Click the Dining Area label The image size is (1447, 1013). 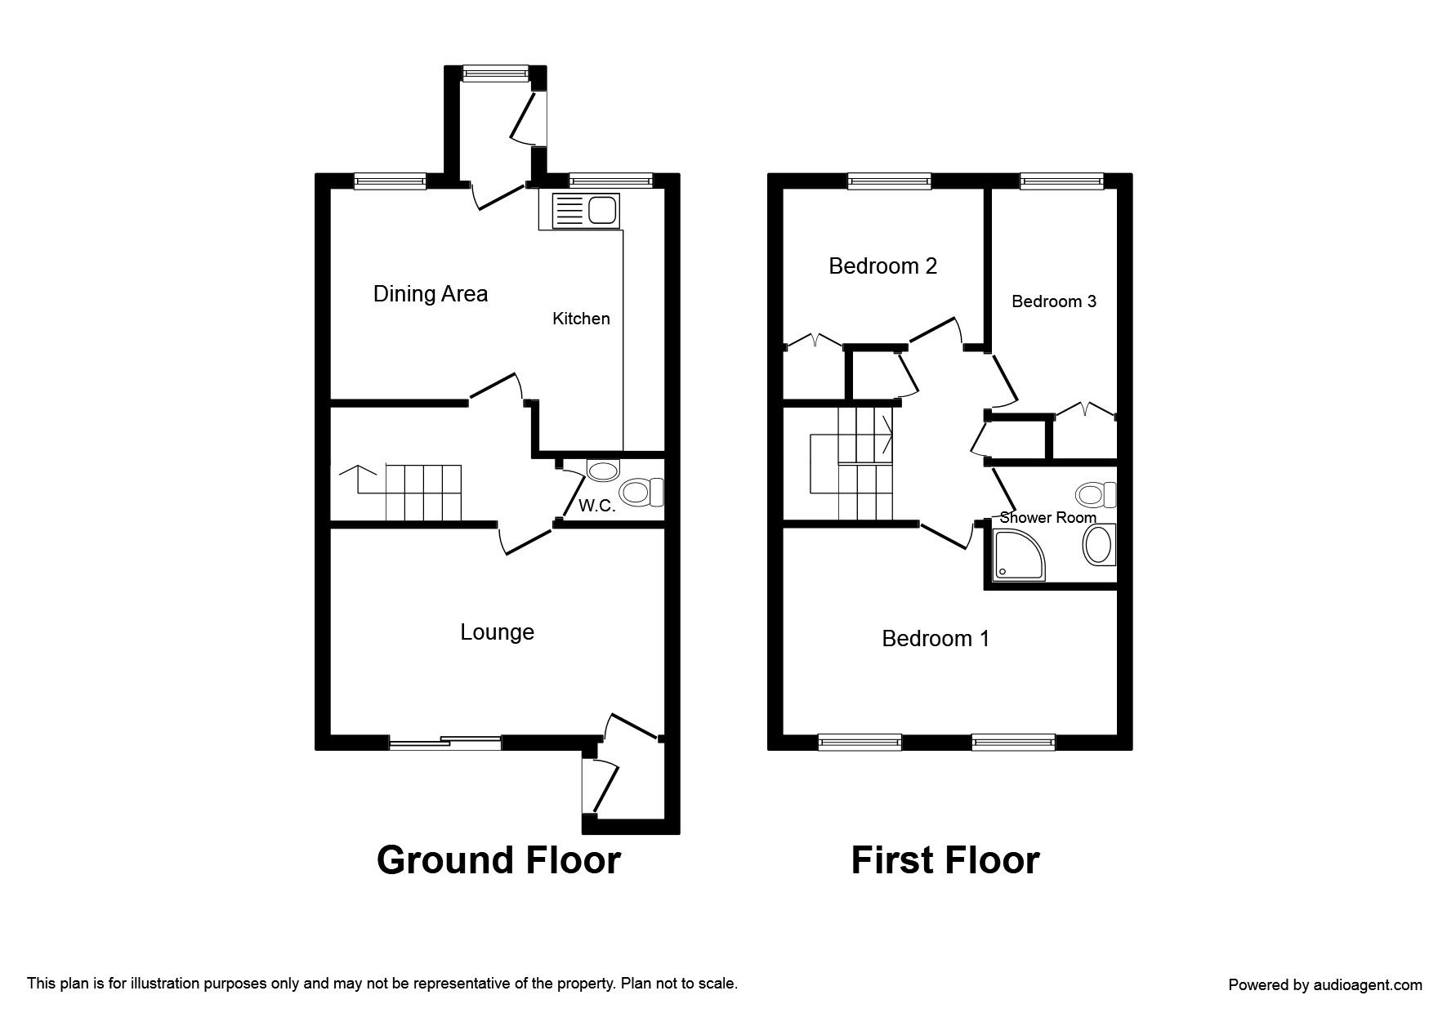430,294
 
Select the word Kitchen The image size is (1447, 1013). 581,319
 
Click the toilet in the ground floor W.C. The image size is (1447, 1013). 643,493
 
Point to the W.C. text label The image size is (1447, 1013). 596,506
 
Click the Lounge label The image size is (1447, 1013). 497,632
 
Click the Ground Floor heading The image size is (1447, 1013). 498,860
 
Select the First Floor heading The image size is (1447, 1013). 945,860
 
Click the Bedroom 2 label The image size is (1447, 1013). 882,266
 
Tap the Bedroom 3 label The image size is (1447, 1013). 1053,301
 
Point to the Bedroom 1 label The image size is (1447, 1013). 936,639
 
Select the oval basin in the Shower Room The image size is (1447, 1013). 1098,546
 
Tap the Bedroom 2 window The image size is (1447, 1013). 889,181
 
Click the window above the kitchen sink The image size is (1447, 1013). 611,181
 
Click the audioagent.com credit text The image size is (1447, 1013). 1324,985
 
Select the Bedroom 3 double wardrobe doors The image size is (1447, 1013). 1084,411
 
